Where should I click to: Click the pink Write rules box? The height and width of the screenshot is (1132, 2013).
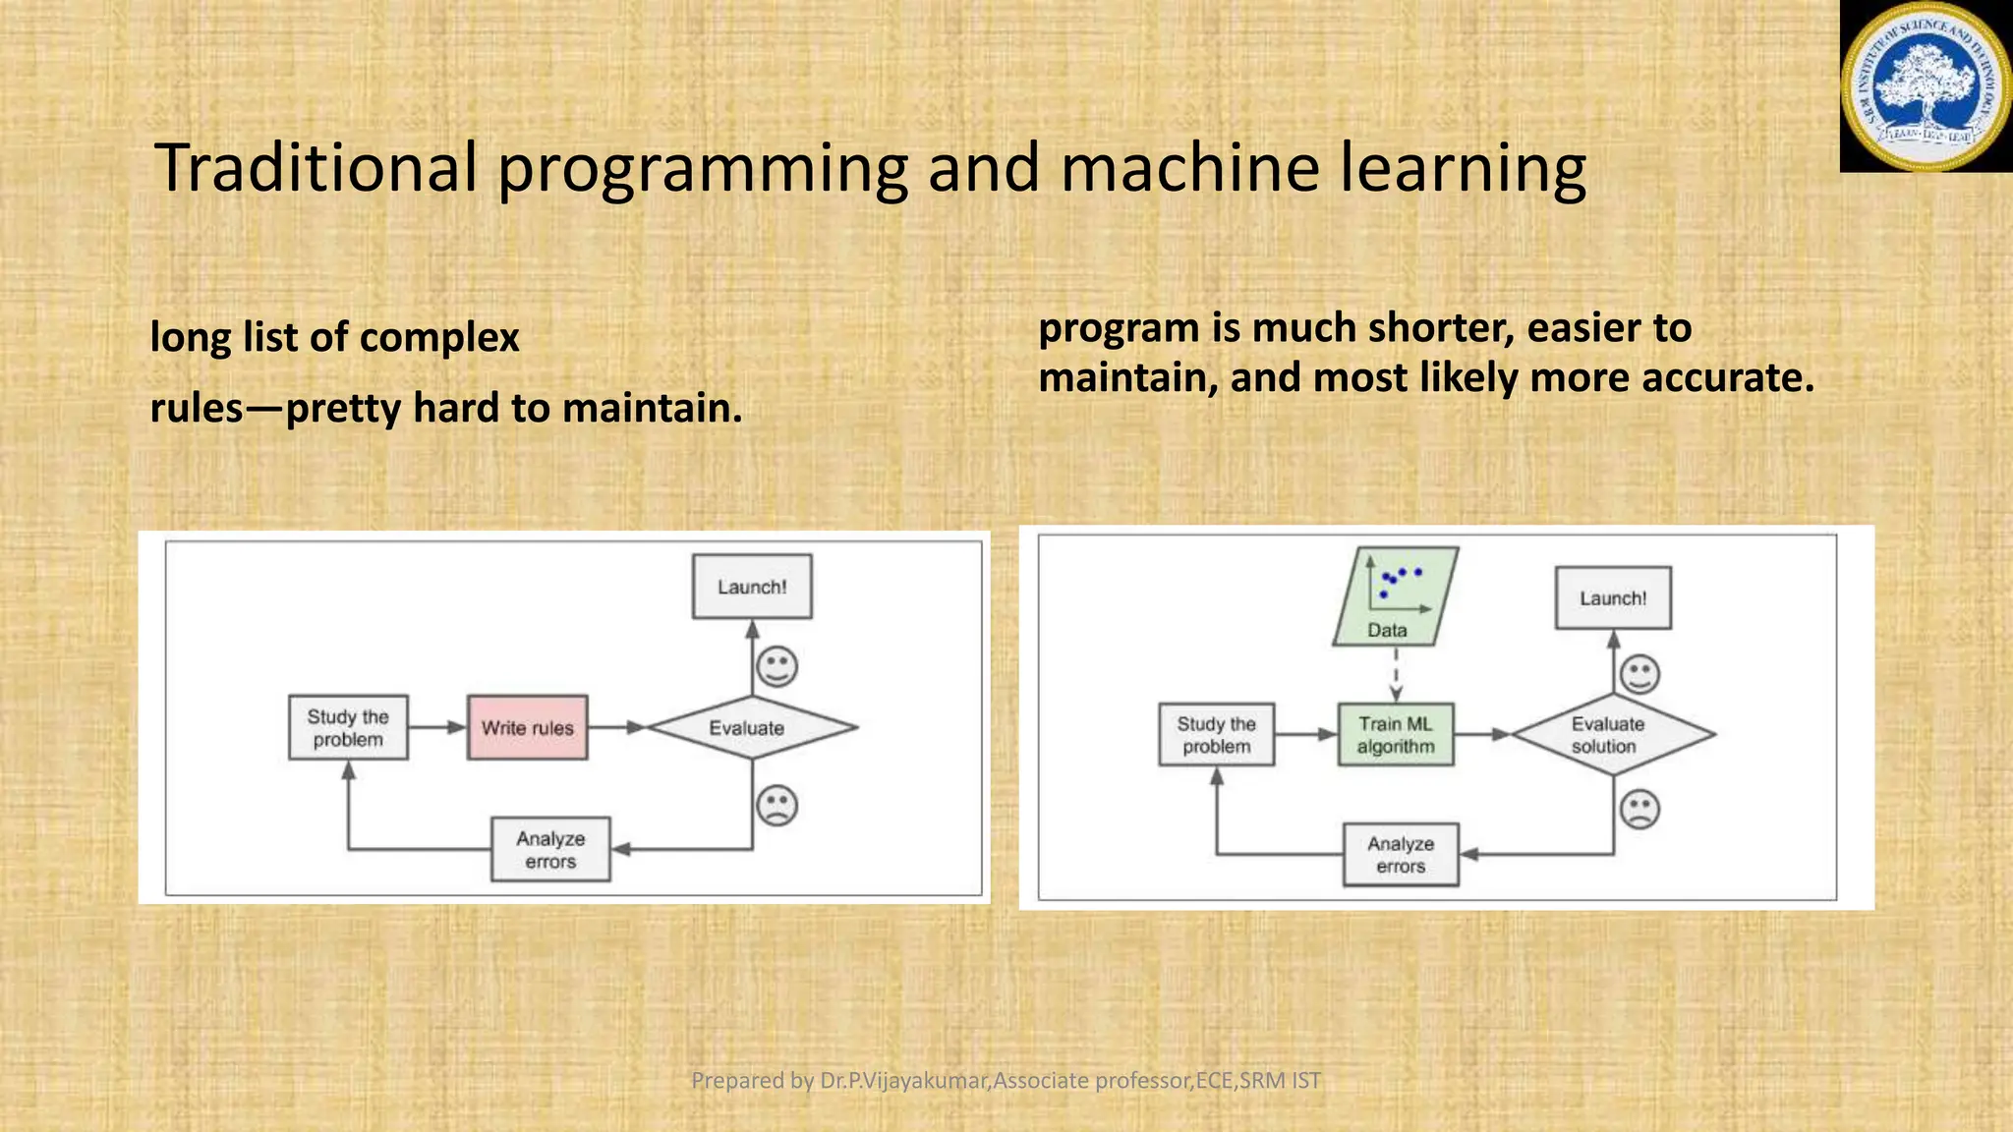pyautogui.click(x=528, y=728)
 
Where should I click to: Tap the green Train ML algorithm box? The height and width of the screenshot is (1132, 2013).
pyautogui.click(x=1396, y=735)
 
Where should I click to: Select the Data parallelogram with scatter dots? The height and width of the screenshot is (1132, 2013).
pyautogui.click(x=1395, y=596)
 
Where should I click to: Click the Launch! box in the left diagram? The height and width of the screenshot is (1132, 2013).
pyautogui.click(x=752, y=587)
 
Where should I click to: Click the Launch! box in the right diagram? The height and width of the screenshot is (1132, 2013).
pyautogui.click(x=1613, y=597)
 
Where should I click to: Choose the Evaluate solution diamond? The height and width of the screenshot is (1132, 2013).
pyautogui.click(x=1612, y=734)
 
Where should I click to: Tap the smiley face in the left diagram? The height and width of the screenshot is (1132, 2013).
pyautogui.click(x=776, y=667)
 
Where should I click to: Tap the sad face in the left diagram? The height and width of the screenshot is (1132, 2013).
pyautogui.click(x=776, y=806)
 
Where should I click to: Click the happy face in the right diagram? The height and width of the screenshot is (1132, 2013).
pyautogui.click(x=1639, y=674)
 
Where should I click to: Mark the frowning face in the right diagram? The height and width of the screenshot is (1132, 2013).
pyautogui.click(x=1639, y=810)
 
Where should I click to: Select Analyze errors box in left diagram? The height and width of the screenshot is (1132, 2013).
pyautogui.click(x=550, y=849)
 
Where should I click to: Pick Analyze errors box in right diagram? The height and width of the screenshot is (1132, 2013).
pyautogui.click(x=1401, y=855)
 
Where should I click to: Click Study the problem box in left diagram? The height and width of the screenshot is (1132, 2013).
pyautogui.click(x=348, y=728)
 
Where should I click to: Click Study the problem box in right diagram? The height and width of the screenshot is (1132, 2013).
pyautogui.click(x=1216, y=735)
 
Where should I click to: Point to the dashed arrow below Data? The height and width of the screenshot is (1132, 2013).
pyautogui.click(x=1396, y=675)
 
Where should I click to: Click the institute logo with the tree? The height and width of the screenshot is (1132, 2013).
pyautogui.click(x=1925, y=86)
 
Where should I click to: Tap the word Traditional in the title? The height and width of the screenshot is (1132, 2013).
pyautogui.click(x=316, y=168)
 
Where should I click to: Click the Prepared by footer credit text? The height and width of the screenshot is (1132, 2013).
pyautogui.click(x=1006, y=1080)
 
